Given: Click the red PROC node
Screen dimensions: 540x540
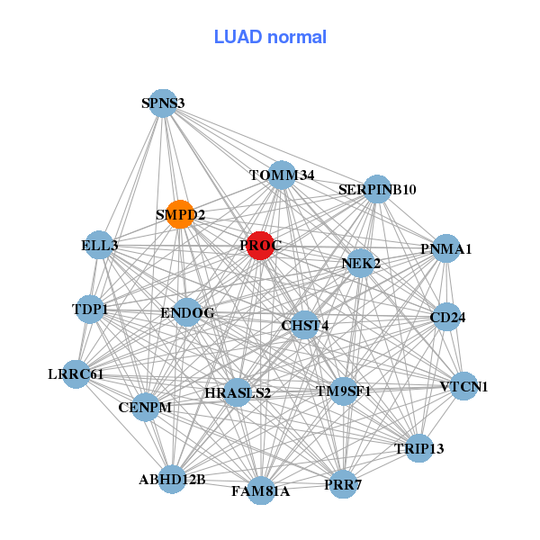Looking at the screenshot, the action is (260, 246).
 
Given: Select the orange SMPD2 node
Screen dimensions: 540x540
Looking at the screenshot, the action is (180, 214).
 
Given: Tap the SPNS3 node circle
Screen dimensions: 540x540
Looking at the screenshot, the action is (163, 103).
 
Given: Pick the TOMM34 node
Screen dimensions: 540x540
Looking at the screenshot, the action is (283, 175).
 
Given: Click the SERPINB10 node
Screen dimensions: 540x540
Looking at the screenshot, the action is (377, 189).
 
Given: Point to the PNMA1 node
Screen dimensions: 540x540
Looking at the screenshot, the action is (446, 248).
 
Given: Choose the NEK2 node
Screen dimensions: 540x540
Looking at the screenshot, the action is (361, 264).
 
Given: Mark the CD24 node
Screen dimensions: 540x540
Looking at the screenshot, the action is (447, 317).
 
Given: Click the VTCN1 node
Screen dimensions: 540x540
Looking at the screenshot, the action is (463, 387).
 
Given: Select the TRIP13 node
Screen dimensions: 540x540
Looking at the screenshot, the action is (418, 448).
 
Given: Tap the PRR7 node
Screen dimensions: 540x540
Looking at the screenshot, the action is (342, 484).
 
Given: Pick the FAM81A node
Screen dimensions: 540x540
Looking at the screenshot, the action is (260, 490).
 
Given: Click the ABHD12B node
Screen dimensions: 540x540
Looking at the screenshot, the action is (172, 479).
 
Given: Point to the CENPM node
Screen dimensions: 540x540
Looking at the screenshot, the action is (145, 408).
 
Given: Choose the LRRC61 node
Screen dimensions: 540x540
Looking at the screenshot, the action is (76, 373).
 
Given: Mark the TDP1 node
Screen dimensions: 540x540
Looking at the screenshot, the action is (90, 310).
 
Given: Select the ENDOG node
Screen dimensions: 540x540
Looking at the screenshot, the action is (187, 313).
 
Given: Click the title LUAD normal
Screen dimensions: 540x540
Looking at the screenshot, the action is (270, 37).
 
